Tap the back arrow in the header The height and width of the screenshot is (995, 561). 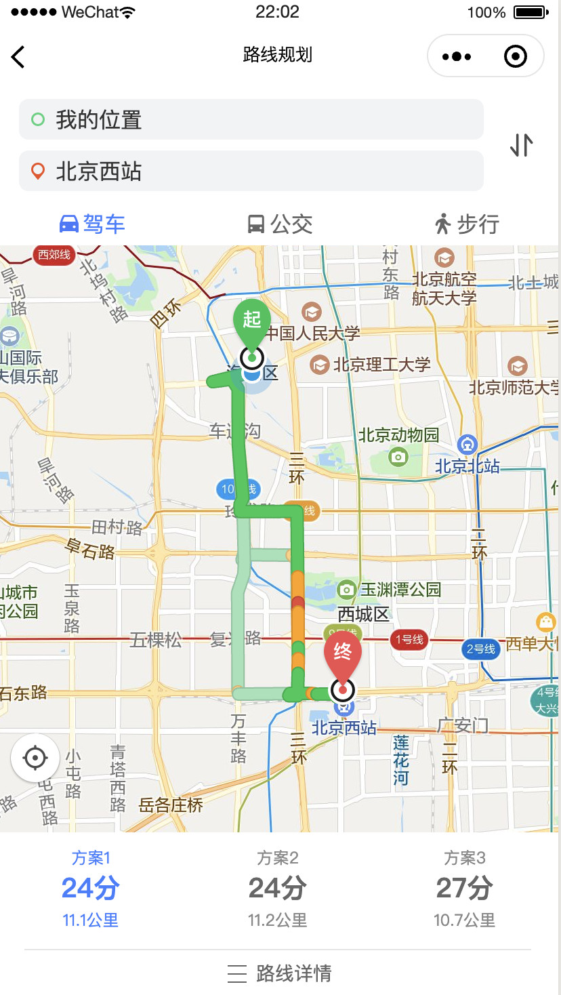tap(18, 57)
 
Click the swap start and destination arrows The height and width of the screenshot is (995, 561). tap(521, 145)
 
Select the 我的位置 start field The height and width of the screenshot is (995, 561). tap(251, 120)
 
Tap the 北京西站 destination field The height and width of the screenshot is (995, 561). tap(251, 171)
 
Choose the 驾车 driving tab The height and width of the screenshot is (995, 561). tap(93, 224)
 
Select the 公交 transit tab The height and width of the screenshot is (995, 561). tap(279, 224)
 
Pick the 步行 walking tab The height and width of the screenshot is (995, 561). tap(467, 224)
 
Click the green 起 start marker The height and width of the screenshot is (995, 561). tap(252, 320)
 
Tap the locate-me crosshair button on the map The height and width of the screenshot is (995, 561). tap(35, 758)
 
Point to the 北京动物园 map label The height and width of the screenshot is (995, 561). tap(398, 435)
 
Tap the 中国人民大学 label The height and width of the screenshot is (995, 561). tap(312, 333)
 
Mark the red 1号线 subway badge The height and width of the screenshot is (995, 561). tap(409, 639)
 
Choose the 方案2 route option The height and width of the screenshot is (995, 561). tap(278, 888)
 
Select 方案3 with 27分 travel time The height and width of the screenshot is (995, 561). tap(465, 888)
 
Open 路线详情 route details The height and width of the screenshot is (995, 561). tap(279, 973)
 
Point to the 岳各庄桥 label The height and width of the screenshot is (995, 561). tap(171, 805)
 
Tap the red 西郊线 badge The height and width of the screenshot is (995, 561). tap(54, 255)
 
